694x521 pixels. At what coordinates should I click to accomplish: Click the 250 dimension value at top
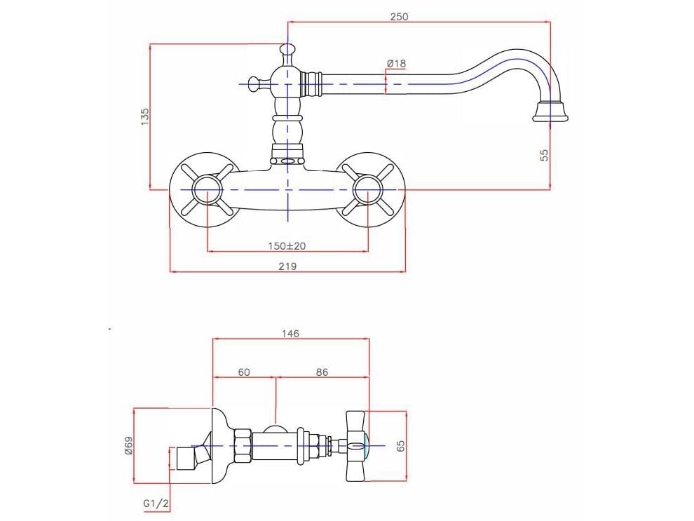point(399,16)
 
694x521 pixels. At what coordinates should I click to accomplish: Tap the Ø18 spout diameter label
point(396,64)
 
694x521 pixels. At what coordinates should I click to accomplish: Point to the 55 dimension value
point(545,155)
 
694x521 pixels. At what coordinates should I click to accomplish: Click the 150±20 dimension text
point(287,246)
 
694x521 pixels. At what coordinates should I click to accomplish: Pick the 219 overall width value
point(287,266)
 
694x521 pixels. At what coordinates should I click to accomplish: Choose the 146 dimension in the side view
point(290,334)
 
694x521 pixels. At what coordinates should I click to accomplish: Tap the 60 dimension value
point(244,372)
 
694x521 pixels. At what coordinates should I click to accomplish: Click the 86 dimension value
point(322,372)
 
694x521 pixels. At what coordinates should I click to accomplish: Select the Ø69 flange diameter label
point(128,445)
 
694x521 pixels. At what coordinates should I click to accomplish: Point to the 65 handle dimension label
point(401,446)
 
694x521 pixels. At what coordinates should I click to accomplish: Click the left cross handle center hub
point(207,190)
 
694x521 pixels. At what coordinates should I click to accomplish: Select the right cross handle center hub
point(367,190)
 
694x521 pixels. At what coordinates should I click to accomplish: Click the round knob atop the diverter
point(287,50)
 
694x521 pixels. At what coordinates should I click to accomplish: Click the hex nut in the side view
point(242,446)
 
